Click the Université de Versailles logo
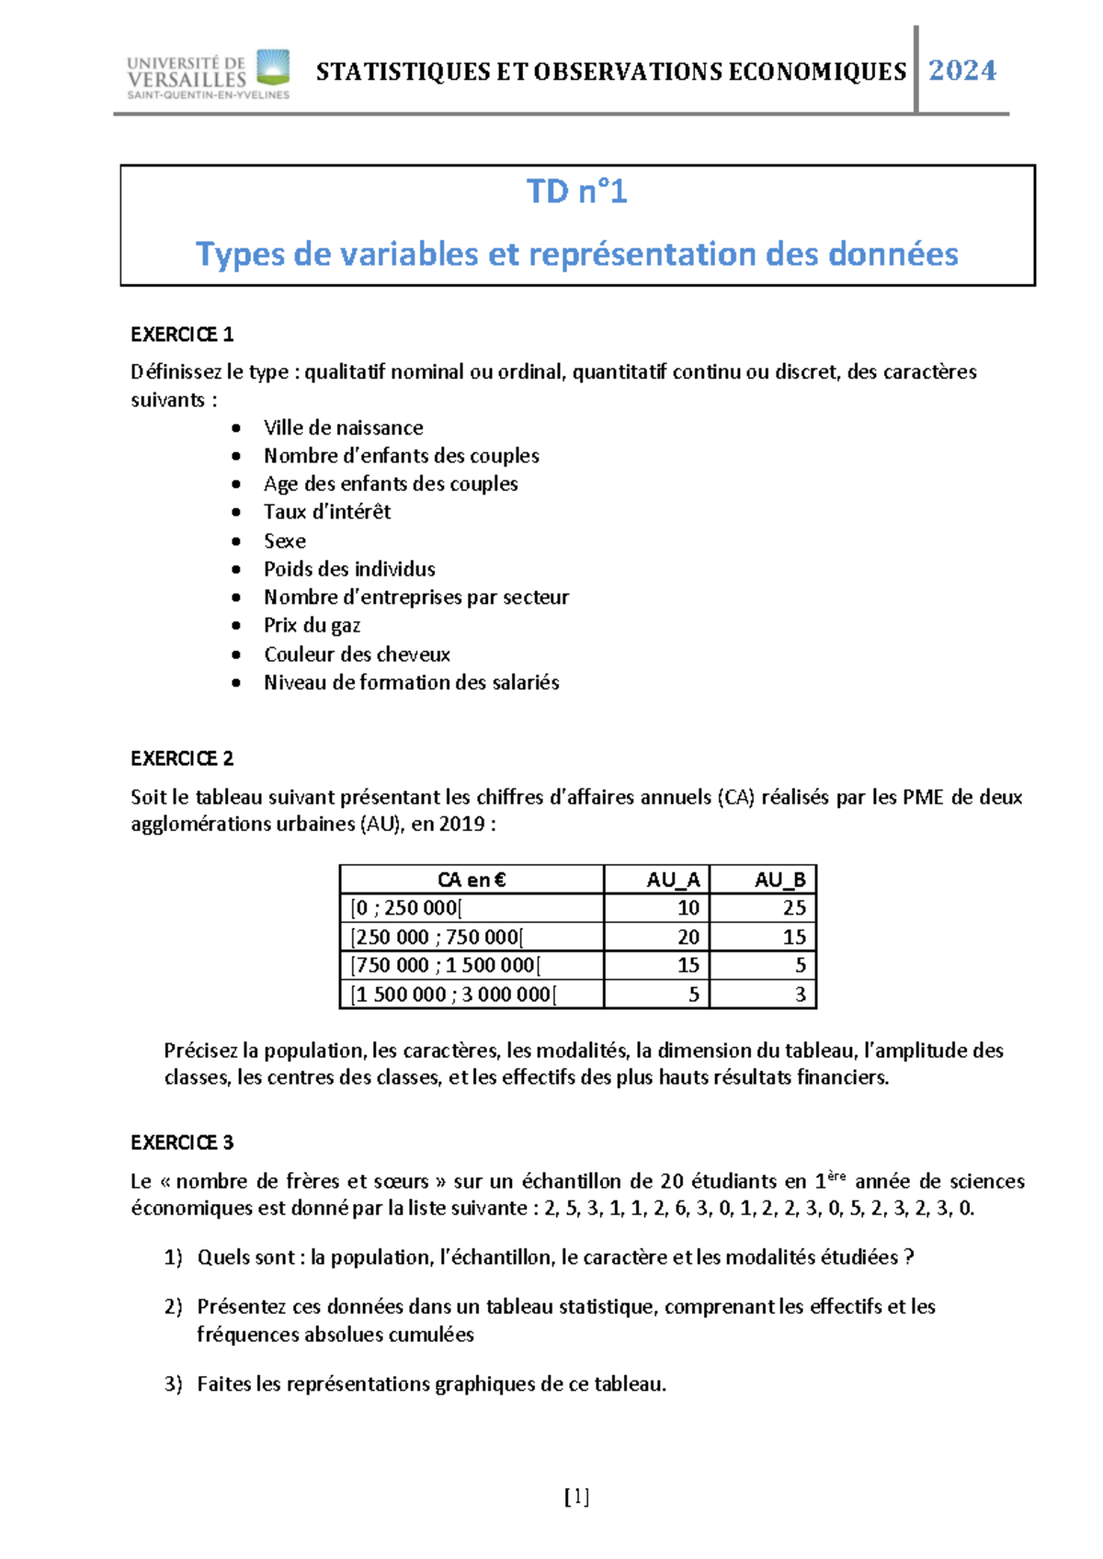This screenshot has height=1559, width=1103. pyautogui.click(x=209, y=74)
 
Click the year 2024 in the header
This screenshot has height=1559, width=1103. pyautogui.click(x=962, y=71)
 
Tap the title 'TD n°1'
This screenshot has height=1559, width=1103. pyautogui.click(x=576, y=191)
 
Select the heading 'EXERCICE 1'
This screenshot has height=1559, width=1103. pyautogui.click(x=182, y=335)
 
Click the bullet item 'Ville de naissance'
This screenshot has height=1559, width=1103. pyautogui.click(x=343, y=427)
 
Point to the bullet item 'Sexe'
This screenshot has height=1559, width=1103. pyautogui.click(x=284, y=541)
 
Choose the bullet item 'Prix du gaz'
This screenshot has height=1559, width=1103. pyautogui.click(x=312, y=625)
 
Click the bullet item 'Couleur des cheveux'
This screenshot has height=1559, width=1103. pyautogui.click(x=357, y=654)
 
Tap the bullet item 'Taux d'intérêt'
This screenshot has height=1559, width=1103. pyautogui.click(x=326, y=512)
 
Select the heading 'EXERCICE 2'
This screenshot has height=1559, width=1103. pyautogui.click(x=182, y=758)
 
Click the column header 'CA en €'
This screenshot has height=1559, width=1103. pyautogui.click(x=472, y=880)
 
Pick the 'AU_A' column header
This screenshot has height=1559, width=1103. pyautogui.click(x=673, y=880)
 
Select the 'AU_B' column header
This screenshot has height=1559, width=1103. pyautogui.click(x=779, y=880)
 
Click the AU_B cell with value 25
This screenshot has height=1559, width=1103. pyautogui.click(x=793, y=908)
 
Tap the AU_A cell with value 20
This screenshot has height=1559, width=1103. pyautogui.click(x=688, y=937)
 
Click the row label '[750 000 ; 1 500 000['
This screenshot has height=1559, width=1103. pyautogui.click(x=446, y=965)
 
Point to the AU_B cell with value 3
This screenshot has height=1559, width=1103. pyautogui.click(x=800, y=995)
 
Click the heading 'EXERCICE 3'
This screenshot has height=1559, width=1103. pyautogui.click(x=182, y=1143)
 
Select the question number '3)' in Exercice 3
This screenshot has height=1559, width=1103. pyautogui.click(x=174, y=1384)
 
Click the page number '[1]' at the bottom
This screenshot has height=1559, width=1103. pyautogui.click(x=576, y=1497)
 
